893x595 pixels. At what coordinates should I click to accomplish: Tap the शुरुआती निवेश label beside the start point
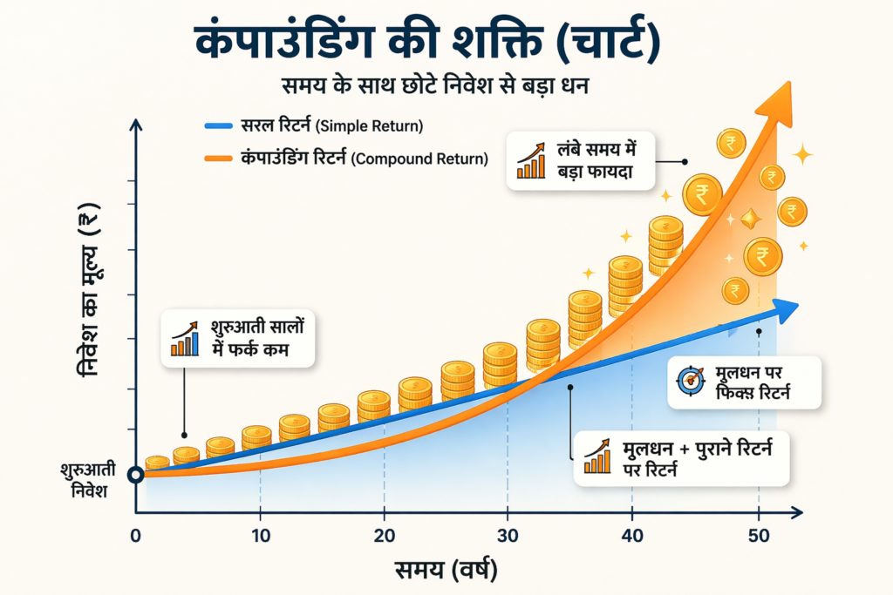coord(84,481)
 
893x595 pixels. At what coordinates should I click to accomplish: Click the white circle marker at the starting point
coord(135,475)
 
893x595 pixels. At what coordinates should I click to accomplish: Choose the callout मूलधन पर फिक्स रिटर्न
coord(745,382)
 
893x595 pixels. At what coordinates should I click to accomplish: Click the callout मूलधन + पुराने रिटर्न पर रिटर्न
coord(681,458)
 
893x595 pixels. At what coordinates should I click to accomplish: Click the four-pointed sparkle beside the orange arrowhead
coord(801,155)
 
